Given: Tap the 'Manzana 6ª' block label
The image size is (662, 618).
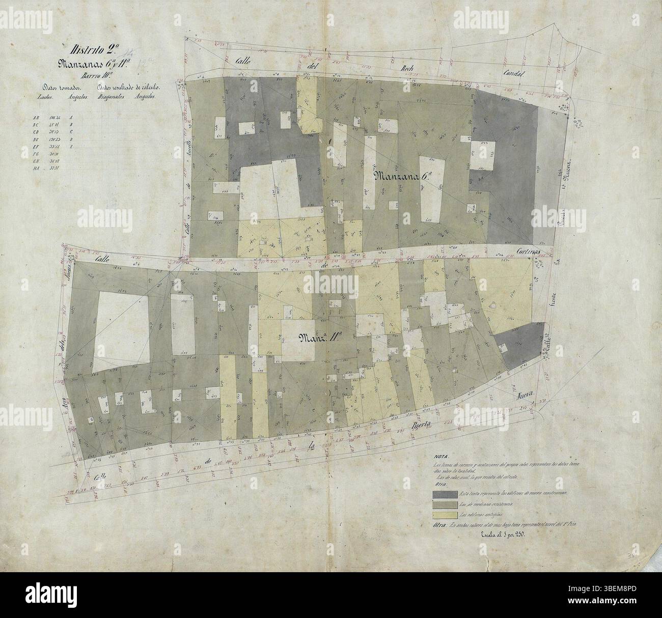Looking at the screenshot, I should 403,177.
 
